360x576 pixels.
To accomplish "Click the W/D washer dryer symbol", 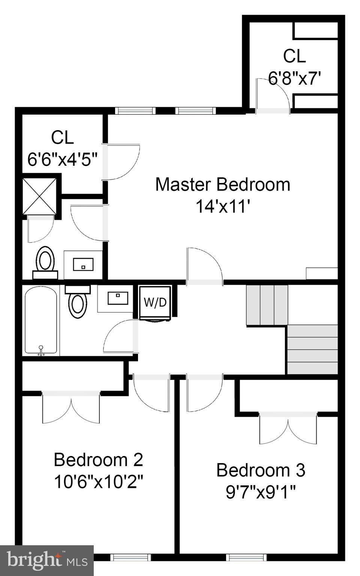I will [155, 303].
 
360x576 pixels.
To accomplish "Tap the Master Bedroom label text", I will [223, 184].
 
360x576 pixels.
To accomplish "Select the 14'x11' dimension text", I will [223, 206].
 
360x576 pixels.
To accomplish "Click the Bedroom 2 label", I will [98, 460].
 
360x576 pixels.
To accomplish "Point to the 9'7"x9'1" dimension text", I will [261, 492].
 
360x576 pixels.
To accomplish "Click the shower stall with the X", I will [39, 196].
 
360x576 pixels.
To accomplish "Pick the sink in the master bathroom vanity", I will [83, 264].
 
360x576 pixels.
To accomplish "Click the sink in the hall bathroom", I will [118, 298].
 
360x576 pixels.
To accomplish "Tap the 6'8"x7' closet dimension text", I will [295, 78].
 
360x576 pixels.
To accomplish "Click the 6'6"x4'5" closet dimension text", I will [62, 159].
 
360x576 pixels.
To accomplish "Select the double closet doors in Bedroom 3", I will [288, 429].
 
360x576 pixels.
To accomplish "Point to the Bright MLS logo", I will [47, 560].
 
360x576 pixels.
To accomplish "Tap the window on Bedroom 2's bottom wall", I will [131, 558].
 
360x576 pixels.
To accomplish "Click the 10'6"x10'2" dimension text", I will [98, 482].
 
